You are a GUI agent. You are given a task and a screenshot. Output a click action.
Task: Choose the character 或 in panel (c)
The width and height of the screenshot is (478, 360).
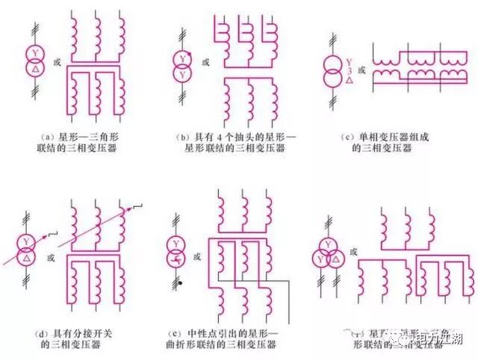coord(362,70)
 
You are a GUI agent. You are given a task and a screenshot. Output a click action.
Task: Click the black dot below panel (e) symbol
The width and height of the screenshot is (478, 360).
coord(181,285)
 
